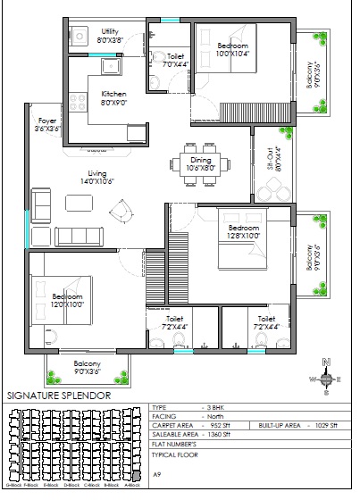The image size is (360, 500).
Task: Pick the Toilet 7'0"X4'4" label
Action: pyautogui.click(x=175, y=60)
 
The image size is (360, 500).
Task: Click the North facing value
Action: pyautogui.click(x=214, y=416)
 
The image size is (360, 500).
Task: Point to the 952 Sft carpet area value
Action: pyautogui.click(x=218, y=426)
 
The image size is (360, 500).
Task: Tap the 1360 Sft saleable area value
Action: pyautogui.click(x=219, y=436)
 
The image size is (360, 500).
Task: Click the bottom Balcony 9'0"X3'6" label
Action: pyautogui.click(x=88, y=368)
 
